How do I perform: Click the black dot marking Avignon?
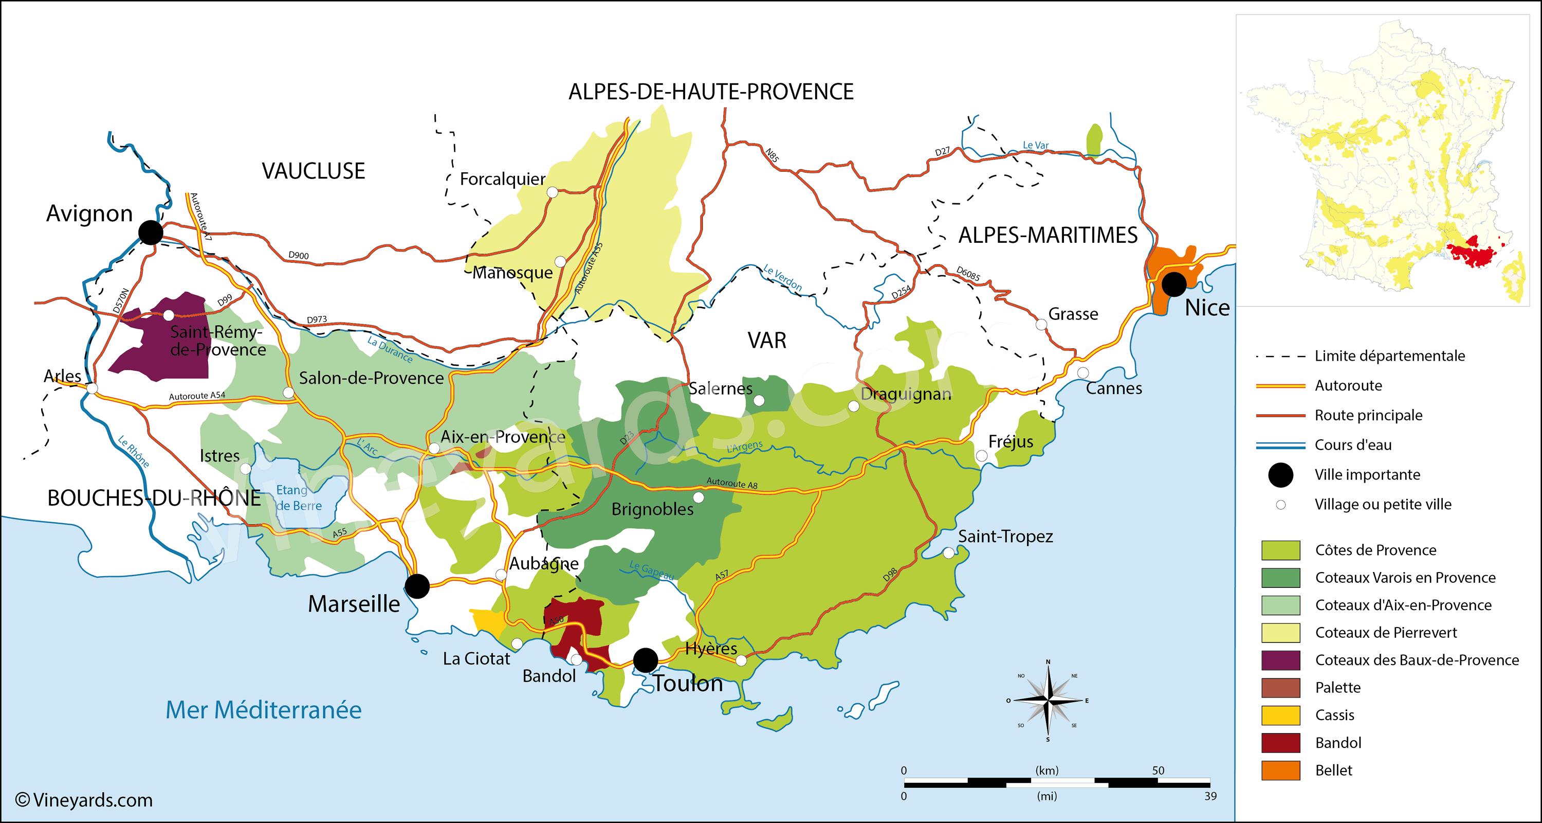click(x=150, y=232)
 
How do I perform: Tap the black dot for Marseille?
click(x=417, y=586)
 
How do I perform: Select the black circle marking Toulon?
click(x=645, y=660)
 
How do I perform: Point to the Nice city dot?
click(x=1174, y=284)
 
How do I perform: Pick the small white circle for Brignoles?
click(x=698, y=497)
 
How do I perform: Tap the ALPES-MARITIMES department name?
click(x=1048, y=236)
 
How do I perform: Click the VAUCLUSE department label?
click(x=313, y=171)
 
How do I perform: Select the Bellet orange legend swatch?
click(x=1280, y=771)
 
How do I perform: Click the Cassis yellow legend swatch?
click(x=1280, y=715)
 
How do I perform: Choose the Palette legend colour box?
click(x=1280, y=688)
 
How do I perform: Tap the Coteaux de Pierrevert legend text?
click(x=1386, y=633)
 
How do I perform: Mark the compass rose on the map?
click(x=1048, y=700)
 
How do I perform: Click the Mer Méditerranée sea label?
click(x=263, y=710)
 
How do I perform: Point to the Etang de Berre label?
click(x=298, y=498)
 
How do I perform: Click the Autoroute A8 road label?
click(x=731, y=483)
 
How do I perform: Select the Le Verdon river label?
click(x=782, y=278)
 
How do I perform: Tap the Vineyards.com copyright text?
click(x=84, y=800)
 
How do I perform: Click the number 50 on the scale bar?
click(x=1158, y=771)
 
